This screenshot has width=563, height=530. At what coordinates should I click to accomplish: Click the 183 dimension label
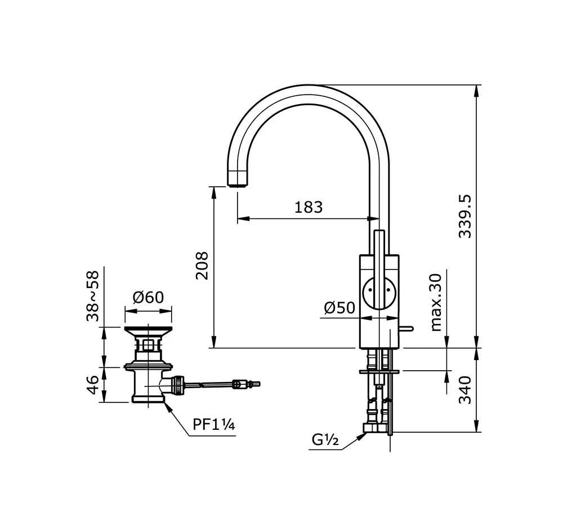[x=309, y=208]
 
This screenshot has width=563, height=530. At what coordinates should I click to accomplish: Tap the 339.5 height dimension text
[x=466, y=217]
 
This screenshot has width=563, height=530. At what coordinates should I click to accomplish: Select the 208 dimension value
[x=202, y=266]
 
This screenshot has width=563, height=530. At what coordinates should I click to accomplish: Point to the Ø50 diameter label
[x=339, y=308]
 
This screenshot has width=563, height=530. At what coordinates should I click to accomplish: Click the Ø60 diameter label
[x=148, y=297]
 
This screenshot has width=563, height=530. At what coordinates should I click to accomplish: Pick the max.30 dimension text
[x=436, y=302]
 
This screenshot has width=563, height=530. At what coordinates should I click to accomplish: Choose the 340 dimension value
[x=466, y=390]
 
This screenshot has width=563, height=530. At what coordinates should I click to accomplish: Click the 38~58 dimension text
[x=92, y=296]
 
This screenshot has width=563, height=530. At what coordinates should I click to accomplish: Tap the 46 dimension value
[x=92, y=385]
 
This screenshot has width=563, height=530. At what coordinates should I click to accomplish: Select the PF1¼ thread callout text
[x=214, y=424]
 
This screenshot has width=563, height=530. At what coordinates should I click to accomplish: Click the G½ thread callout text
[x=325, y=439]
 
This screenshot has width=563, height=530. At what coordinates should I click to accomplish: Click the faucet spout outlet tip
[x=238, y=185]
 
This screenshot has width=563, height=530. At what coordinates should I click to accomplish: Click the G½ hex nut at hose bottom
[x=376, y=428]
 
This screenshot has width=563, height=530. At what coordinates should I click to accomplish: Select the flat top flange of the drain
[x=148, y=329]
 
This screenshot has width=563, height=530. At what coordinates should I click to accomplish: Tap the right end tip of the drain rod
[x=258, y=384]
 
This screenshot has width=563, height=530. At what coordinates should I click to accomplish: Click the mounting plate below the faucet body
[x=379, y=371]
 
